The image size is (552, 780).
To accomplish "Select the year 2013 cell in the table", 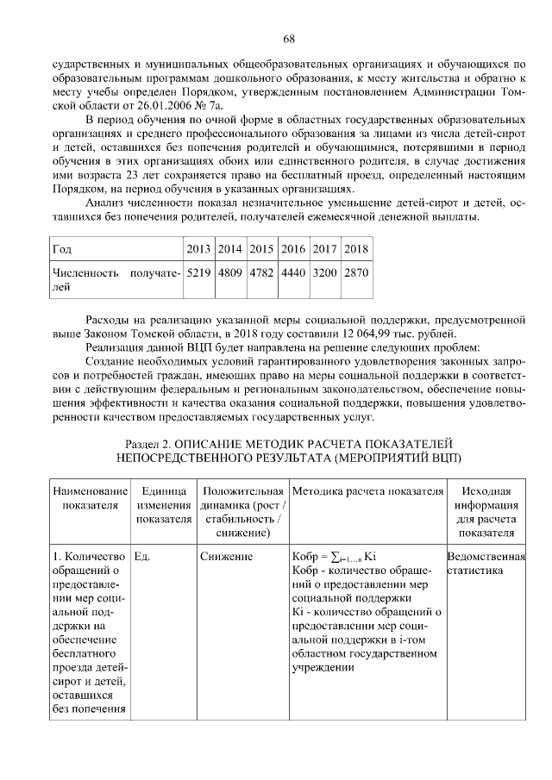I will coord(198,249).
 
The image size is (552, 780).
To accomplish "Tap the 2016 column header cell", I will coord(293,249).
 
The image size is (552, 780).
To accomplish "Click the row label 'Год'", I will coord(62,249).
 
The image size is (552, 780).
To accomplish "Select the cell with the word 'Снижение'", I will coord(226,557).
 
